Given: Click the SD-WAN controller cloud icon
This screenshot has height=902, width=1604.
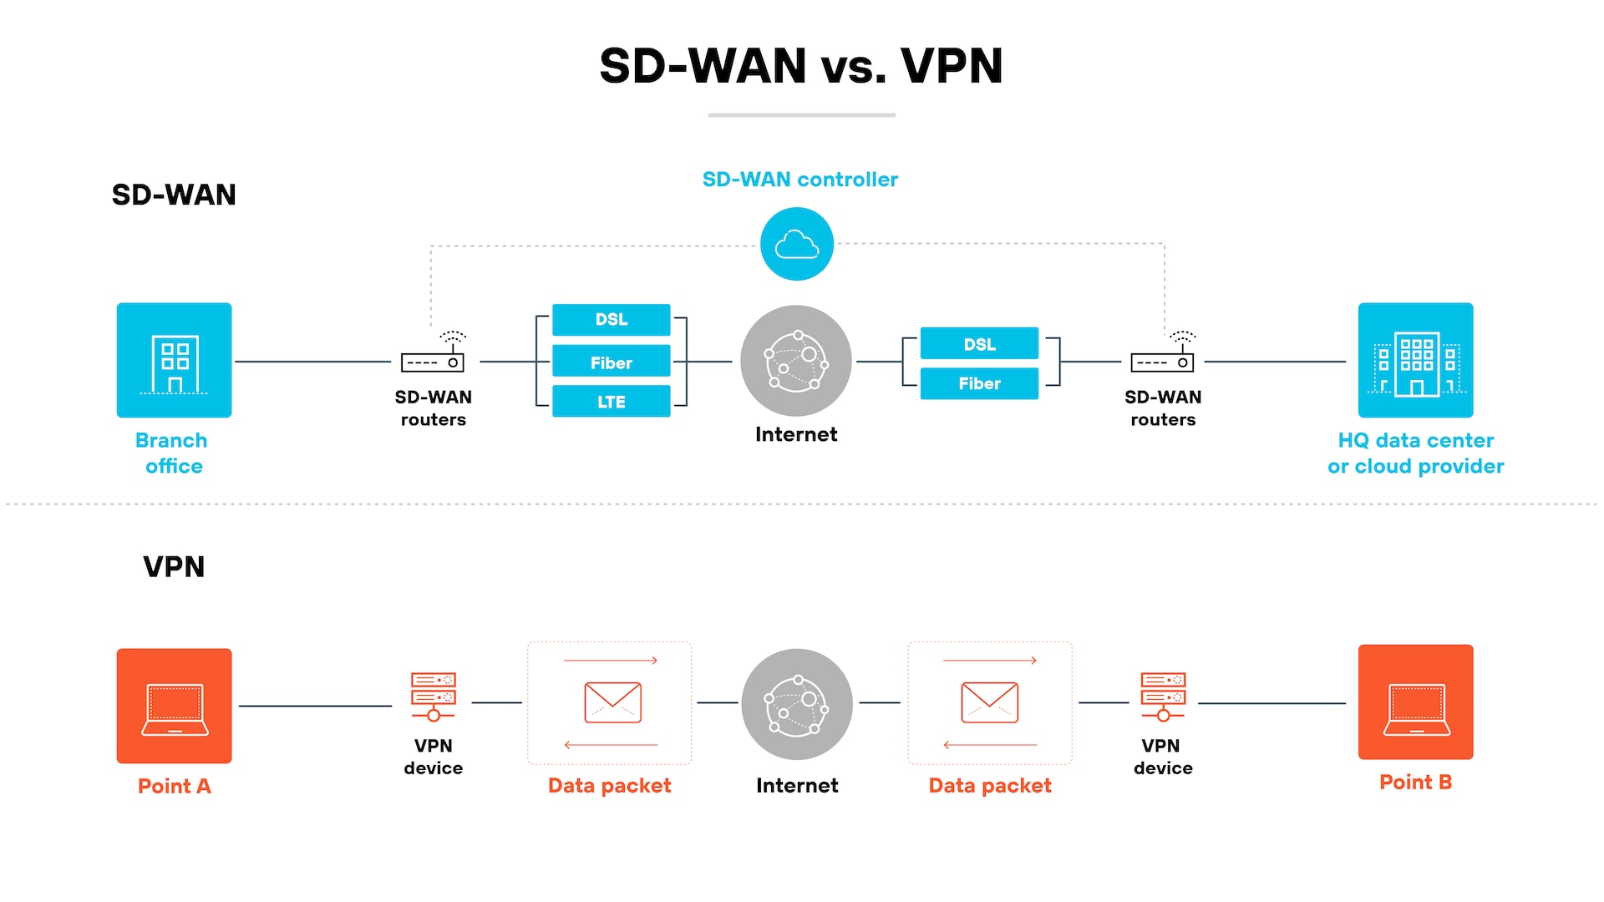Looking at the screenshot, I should click(x=796, y=244).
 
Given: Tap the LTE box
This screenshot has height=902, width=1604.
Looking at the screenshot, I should click(x=611, y=402).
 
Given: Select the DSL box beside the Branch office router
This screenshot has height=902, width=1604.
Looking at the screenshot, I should click(x=611, y=320).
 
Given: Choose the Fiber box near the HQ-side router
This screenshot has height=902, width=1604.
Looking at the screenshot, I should click(x=979, y=383).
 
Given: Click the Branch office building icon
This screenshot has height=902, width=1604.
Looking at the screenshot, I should click(x=174, y=360).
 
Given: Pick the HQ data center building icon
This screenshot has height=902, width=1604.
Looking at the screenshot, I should click(x=1415, y=360).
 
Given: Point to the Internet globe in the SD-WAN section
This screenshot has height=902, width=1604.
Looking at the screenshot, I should click(x=795, y=361).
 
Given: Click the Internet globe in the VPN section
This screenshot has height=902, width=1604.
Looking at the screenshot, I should click(x=796, y=704).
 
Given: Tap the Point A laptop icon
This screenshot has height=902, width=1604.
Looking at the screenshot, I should click(x=174, y=706).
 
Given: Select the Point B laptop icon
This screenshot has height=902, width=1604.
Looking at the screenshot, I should click(x=1415, y=702).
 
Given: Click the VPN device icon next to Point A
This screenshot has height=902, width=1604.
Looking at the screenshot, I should click(x=433, y=696).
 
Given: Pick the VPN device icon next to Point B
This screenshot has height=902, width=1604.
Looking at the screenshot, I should click(x=1163, y=696).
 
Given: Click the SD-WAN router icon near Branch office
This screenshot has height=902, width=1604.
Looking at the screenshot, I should click(x=433, y=357).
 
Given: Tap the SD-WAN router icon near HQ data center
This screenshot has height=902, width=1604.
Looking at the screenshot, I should click(x=1163, y=357).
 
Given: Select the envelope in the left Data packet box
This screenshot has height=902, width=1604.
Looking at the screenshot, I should click(x=612, y=702).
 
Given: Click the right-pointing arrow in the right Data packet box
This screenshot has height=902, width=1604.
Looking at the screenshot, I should click(x=990, y=661).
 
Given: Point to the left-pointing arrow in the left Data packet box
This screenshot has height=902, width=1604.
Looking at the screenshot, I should click(x=611, y=744).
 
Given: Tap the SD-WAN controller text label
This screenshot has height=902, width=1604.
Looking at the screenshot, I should click(x=799, y=180).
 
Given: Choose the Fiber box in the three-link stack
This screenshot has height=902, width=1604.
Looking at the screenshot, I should click(x=611, y=362).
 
